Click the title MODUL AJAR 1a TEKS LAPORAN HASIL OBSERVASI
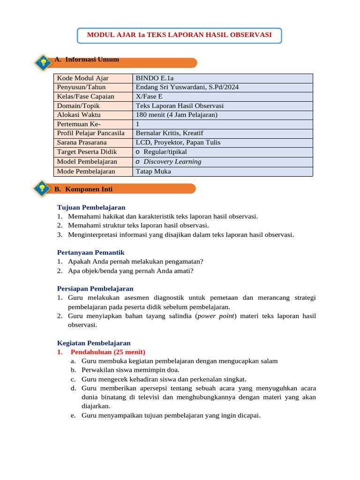tap(180, 35)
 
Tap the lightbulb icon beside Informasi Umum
tap(43, 62)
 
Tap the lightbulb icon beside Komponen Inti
tap(42, 188)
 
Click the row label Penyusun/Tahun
tap(81, 87)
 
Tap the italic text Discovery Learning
tap(172, 162)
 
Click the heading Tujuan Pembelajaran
tap(91, 207)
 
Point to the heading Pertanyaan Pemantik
tap(90, 253)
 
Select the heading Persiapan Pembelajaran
tap(95, 289)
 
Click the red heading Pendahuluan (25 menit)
tap(108, 352)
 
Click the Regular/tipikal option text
tap(165, 152)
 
